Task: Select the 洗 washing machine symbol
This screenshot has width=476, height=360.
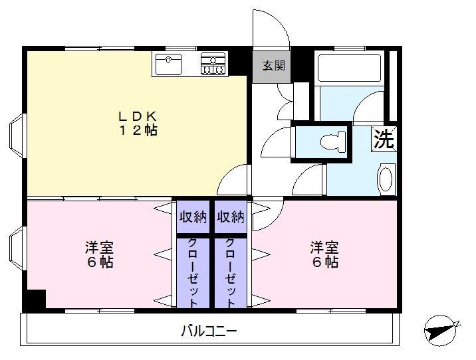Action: pyautogui.click(x=384, y=139)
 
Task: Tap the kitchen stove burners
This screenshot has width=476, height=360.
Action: pyautogui.click(x=213, y=64)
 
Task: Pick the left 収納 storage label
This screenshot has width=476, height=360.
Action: pyautogui.click(x=193, y=217)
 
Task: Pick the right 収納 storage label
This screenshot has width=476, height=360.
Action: pyautogui.click(x=231, y=217)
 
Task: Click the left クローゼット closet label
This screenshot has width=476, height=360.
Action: pyautogui.click(x=193, y=272)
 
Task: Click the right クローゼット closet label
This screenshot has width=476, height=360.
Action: pyautogui.click(x=231, y=272)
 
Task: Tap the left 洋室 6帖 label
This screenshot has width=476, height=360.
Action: pyautogui.click(x=98, y=255)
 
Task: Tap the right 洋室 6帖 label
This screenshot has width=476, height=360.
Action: pyautogui.click(x=324, y=255)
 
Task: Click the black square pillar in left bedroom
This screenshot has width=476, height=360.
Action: pyautogui.click(x=35, y=300)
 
